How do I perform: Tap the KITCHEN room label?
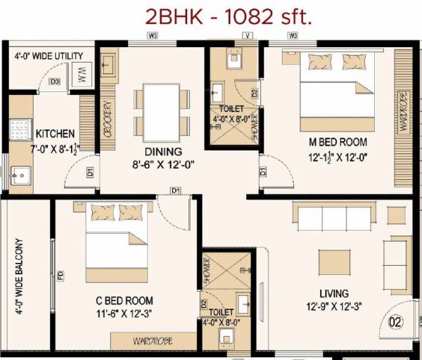[56, 134]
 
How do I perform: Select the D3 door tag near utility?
[54, 82]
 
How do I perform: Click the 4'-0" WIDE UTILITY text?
[49, 56]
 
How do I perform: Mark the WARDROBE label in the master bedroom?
[404, 112]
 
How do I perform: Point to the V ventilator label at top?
[247, 34]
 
